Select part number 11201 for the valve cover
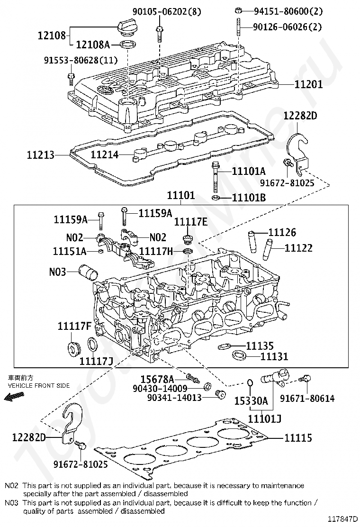[x=308, y=84]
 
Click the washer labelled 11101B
[x=216, y=197]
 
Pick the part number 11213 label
[x=41, y=155]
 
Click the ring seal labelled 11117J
[x=92, y=346]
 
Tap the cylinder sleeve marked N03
[x=88, y=271]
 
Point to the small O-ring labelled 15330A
[x=250, y=383]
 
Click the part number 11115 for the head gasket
[x=298, y=438]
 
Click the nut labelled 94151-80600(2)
[x=238, y=10]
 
